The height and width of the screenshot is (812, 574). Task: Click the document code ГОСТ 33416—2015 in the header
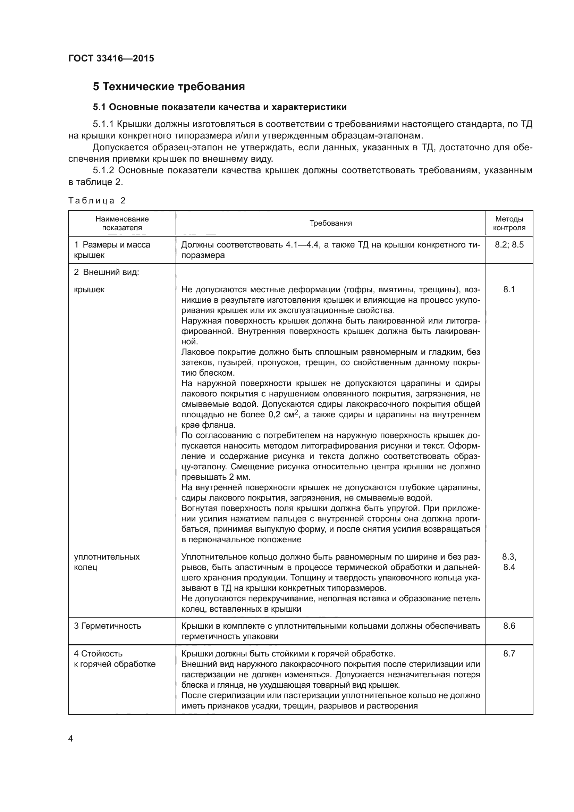[111, 58]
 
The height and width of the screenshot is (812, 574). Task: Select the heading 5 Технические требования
[169, 87]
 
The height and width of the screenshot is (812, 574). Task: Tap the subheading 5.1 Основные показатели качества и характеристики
[219, 107]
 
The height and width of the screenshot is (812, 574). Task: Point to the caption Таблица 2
[97, 201]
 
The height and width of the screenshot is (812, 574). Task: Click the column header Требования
[330, 223]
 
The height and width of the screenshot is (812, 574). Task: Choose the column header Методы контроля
[509, 223]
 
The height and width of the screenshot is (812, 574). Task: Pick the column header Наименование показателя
[122, 223]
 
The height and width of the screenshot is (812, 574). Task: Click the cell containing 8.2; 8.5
[509, 245]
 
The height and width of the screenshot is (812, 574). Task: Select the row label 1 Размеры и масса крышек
[112, 250]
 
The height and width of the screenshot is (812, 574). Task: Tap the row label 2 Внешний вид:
[107, 272]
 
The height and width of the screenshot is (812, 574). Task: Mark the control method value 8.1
[509, 290]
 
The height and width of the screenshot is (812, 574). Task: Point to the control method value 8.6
[509, 626]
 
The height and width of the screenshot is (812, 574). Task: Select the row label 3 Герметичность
[108, 626]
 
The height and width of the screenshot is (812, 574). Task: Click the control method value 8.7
[509, 654]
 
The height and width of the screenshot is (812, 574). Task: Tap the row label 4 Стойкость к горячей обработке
[115, 659]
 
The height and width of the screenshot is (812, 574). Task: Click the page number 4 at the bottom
[70, 739]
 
